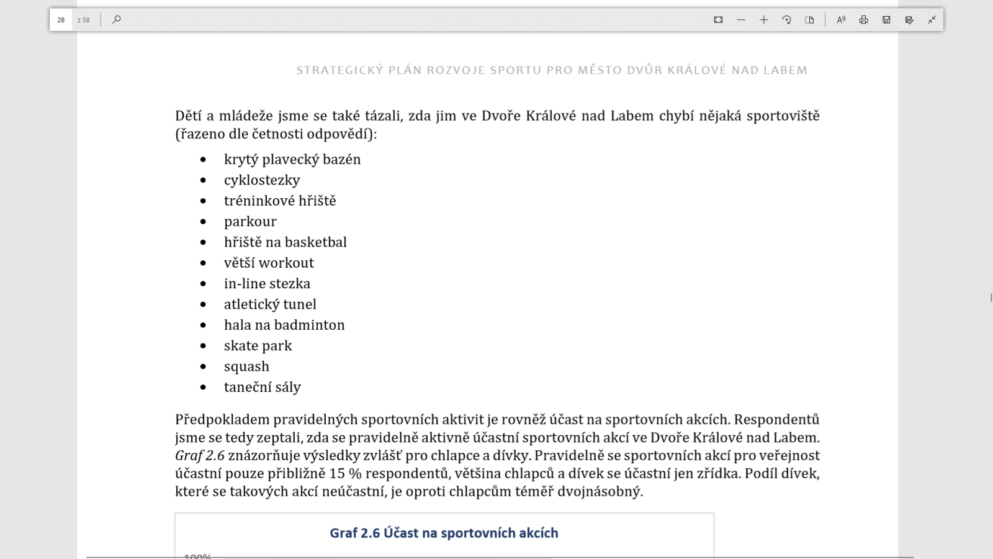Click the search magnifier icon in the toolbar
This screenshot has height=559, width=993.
pyautogui.click(x=116, y=20)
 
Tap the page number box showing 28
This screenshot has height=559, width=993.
pyautogui.click(x=61, y=20)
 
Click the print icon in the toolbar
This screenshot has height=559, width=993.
pyautogui.click(x=863, y=20)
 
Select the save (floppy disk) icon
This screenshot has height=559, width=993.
pyautogui.click(x=886, y=20)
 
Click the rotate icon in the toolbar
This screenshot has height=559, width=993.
pyautogui.click(x=786, y=20)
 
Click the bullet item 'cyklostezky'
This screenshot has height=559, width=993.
pyautogui.click(x=262, y=180)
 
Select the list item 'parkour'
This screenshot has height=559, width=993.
pyautogui.click(x=250, y=222)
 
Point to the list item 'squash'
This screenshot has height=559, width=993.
pyautogui.click(x=246, y=366)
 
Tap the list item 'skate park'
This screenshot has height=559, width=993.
pyautogui.click(x=258, y=346)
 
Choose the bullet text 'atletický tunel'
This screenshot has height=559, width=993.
pyautogui.click(x=270, y=304)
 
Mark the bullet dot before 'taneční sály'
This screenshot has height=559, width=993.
pyautogui.click(x=203, y=388)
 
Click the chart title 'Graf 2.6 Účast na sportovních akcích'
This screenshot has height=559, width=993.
pyautogui.click(x=444, y=533)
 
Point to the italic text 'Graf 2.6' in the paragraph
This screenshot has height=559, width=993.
pyautogui.click(x=199, y=455)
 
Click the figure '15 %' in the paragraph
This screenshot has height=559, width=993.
pyautogui.click(x=345, y=473)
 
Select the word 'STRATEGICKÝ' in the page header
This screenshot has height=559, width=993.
pyautogui.click(x=339, y=70)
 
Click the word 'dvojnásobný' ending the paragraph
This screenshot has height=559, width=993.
pyautogui.click(x=599, y=491)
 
